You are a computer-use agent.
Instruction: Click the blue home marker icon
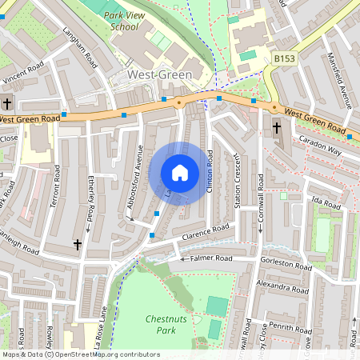pyautogui.click(x=180, y=173)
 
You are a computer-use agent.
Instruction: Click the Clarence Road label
pyautogui.click(x=205, y=233)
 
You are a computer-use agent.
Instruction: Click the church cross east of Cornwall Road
pyautogui.click(x=277, y=127)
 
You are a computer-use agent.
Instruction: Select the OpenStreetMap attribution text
pyautogui.click(x=80, y=354)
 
